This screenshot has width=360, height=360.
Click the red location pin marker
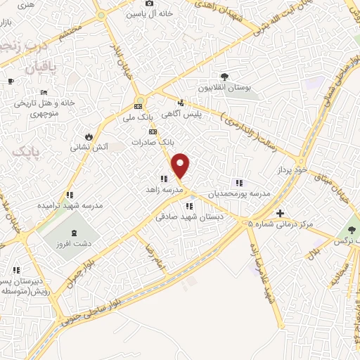pyautogui.click(x=181, y=165)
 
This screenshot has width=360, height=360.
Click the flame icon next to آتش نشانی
pyautogui.click(x=89, y=136)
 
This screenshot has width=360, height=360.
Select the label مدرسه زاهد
pyautogui.click(x=163, y=190)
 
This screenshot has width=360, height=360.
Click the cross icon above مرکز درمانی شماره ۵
pyautogui.click(x=280, y=212)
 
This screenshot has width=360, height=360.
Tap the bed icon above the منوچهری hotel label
pyautogui.click(x=44, y=92)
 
